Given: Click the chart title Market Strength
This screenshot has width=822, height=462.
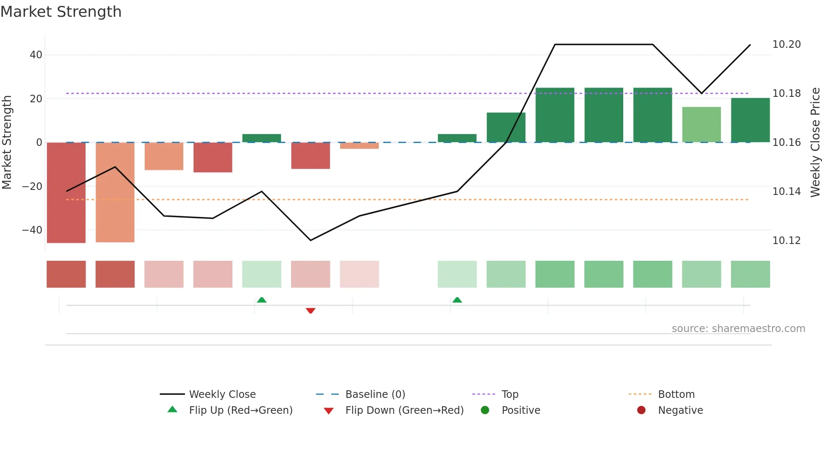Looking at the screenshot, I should pyautogui.click(x=61, y=12).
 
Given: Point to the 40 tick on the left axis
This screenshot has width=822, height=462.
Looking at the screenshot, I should pyautogui.click(x=36, y=55).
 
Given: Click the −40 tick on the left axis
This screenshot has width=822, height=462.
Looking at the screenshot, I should pyautogui.click(x=32, y=230).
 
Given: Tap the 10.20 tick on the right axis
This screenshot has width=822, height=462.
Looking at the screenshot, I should pyautogui.click(x=786, y=44).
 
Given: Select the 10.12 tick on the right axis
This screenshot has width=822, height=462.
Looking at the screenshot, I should pyautogui.click(x=786, y=241).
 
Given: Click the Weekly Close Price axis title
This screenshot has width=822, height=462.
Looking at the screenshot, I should pyautogui.click(x=815, y=143).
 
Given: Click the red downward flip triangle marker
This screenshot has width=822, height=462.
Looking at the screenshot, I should pyautogui.click(x=310, y=311).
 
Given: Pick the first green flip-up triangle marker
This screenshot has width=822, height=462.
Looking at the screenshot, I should pyautogui.click(x=262, y=300).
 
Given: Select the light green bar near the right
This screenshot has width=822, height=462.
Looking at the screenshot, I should pyautogui.click(x=701, y=125).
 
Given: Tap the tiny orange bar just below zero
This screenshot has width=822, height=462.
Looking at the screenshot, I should pyautogui.click(x=359, y=146).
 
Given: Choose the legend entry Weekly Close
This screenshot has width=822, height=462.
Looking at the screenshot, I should pyautogui.click(x=222, y=395).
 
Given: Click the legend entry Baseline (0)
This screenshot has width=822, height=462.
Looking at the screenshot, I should pyautogui.click(x=375, y=395).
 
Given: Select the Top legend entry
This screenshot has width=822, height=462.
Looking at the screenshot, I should pyautogui.click(x=510, y=395).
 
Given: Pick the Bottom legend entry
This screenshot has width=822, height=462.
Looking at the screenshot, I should pyautogui.click(x=676, y=395).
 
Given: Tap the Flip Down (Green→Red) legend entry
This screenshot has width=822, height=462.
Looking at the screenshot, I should pyautogui.click(x=404, y=410).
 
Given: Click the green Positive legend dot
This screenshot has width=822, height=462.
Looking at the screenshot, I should pyautogui.click(x=485, y=410).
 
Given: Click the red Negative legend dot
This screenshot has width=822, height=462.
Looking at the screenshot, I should pyautogui.click(x=641, y=410).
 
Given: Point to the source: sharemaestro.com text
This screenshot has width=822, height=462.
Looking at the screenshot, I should pyautogui.click(x=738, y=329).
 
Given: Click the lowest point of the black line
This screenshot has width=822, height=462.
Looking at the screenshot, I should pyautogui.click(x=310, y=240).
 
